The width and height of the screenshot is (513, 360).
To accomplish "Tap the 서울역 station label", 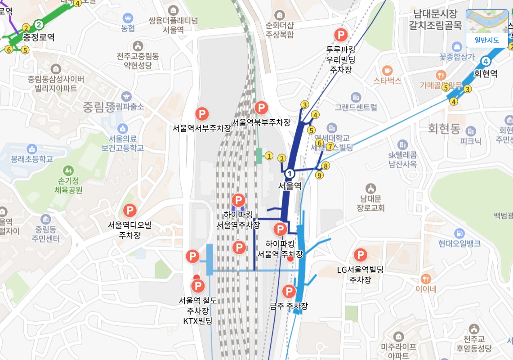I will tap(290, 186).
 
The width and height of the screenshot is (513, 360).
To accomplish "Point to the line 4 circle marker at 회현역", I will tap(486, 61).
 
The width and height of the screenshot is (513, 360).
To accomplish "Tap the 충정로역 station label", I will tap(39, 37).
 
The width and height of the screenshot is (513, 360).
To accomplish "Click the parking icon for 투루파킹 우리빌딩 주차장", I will tap(341, 35).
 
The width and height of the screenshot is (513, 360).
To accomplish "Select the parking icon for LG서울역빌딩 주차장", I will tap(360, 256).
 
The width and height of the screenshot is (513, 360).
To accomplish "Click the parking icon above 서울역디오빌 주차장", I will tap(130, 210).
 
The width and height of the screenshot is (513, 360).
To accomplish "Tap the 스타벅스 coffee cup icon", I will tap(387, 70).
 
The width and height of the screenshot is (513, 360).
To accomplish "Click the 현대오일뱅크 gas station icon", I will tap(459, 233).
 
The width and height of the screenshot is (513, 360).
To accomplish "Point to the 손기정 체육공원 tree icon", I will tap(68, 171).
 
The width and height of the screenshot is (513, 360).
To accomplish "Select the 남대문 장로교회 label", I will tap(370, 202).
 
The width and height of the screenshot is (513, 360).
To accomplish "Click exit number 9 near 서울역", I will tap(319, 175).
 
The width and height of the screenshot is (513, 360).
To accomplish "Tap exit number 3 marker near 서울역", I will tap(305, 105).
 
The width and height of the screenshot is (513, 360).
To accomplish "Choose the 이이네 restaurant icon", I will tap(425, 278).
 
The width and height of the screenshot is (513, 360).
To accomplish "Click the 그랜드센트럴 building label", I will tap(356, 107).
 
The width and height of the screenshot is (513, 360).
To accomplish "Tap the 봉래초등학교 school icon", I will tap(31, 149).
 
